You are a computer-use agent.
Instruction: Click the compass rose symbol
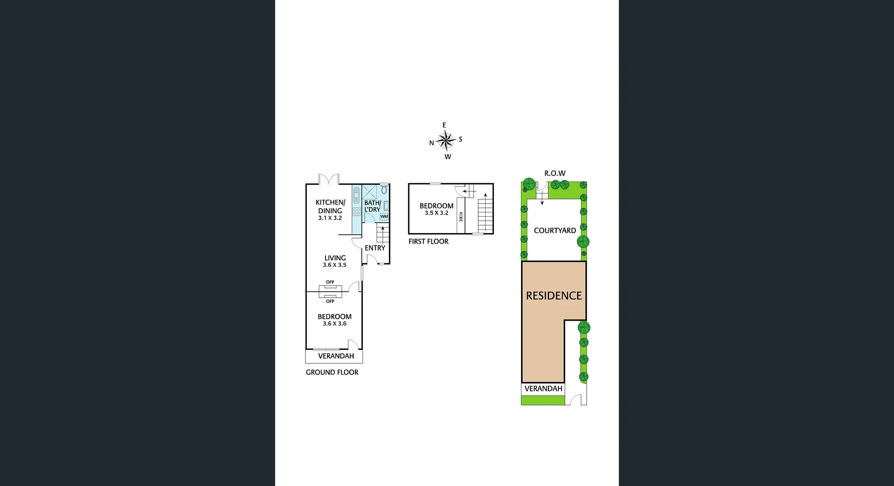coord(446,140)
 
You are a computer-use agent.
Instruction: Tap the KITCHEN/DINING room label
coord(330,210)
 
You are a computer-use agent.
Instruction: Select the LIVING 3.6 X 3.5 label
coord(335,261)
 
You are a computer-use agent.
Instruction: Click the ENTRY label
coord(375,248)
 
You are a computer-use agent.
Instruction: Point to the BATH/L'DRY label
coord(372,206)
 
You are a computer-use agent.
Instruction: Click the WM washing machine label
coord(384,216)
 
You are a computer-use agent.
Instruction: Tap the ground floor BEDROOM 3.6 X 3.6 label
coord(334,320)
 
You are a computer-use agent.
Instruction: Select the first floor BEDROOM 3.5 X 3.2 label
coord(436,209)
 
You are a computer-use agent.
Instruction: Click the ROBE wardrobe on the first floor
coord(461,216)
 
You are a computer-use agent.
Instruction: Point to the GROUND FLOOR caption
coord(332,372)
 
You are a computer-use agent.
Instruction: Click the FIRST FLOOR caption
coord(428,241)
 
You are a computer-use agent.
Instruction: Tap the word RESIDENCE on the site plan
coord(554,296)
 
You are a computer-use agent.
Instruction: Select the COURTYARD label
coord(555,230)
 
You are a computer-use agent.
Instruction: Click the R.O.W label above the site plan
coord(555,173)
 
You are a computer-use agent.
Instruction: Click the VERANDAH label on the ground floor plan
coord(336,356)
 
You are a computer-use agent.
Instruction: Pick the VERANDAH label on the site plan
coord(543,389)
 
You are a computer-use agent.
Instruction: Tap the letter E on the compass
coord(444,125)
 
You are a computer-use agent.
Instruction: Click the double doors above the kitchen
coord(329,179)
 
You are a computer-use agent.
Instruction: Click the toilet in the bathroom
coord(384,190)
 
